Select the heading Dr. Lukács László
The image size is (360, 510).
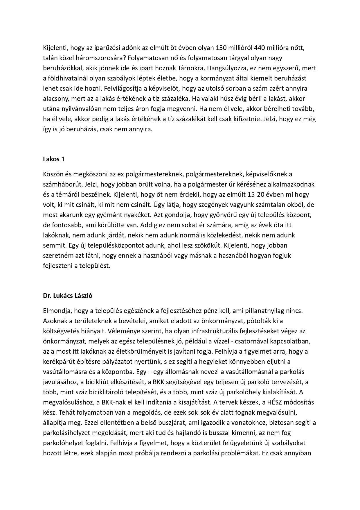click(68, 296)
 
